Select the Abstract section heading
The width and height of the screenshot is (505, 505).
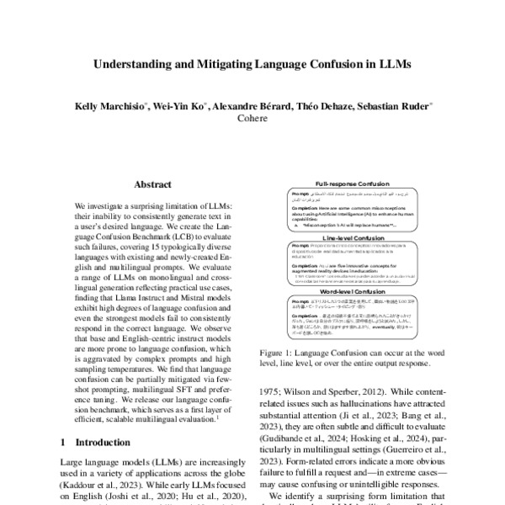pyautogui.click(x=152, y=184)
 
